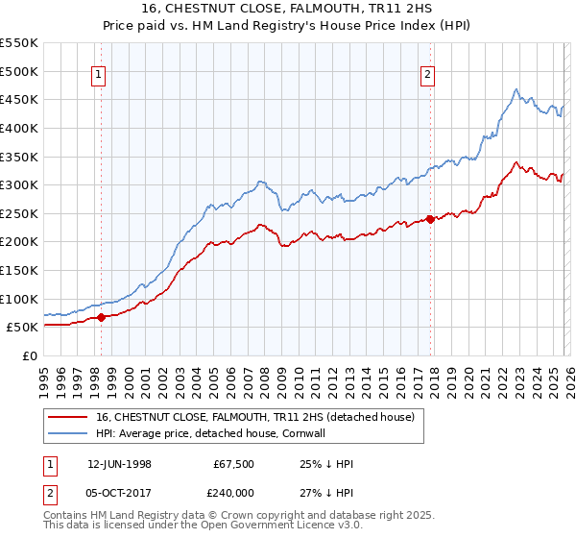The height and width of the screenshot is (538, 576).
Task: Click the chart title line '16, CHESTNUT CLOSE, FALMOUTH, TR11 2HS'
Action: [288, 10]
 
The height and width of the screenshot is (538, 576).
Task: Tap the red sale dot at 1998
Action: [102, 317]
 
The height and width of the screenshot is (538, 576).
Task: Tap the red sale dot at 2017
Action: [430, 219]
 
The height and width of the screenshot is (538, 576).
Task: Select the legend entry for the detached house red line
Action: [254, 417]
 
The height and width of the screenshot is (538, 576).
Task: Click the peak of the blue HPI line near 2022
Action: [516, 89]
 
